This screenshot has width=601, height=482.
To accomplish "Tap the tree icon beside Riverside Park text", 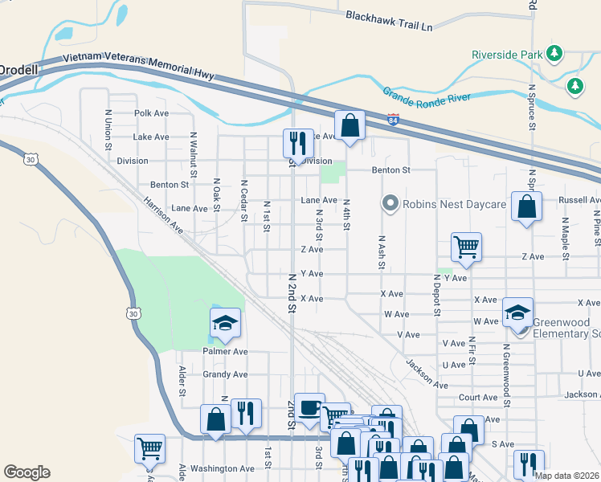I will pos(553,54).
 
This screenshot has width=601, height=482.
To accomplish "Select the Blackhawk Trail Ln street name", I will pos(389,21).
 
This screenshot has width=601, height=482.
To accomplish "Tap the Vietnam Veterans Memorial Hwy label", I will pos(138,63).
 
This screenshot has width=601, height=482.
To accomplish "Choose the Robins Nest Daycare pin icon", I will pos(390,203).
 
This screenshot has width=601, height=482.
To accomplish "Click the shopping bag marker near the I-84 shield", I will pos(350,125).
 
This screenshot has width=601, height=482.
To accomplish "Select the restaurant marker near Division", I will pos(298,143).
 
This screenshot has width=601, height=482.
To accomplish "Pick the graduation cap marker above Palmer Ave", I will pos(226,322).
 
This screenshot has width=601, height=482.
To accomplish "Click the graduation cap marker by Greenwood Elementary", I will pos(517,312).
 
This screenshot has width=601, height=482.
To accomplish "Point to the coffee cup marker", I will pos(309,407).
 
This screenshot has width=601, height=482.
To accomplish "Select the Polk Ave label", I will pos(152,113).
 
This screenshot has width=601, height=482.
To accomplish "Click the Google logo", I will pos(27,472).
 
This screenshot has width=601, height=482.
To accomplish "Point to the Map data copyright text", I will pos(566,476).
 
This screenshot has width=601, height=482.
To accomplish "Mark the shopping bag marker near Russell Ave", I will pos(525,207).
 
